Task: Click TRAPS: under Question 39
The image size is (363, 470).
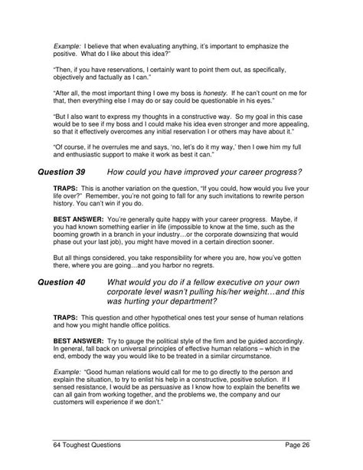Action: (67, 188)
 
